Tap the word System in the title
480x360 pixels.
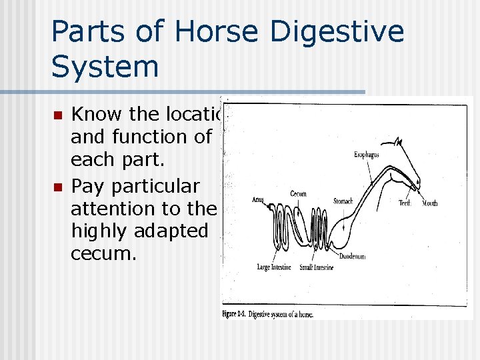(x=105, y=67)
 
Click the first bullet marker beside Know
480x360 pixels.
(x=59, y=115)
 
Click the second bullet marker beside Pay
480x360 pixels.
(x=59, y=187)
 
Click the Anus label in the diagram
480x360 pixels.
(x=259, y=199)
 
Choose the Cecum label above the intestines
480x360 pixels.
(x=298, y=194)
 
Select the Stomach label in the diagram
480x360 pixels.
(x=343, y=201)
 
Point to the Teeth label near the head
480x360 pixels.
(x=405, y=203)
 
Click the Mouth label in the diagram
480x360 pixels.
(x=429, y=203)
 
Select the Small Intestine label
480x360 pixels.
(x=317, y=267)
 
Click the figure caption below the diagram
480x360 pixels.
(x=267, y=314)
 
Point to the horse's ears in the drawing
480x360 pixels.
(x=398, y=141)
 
